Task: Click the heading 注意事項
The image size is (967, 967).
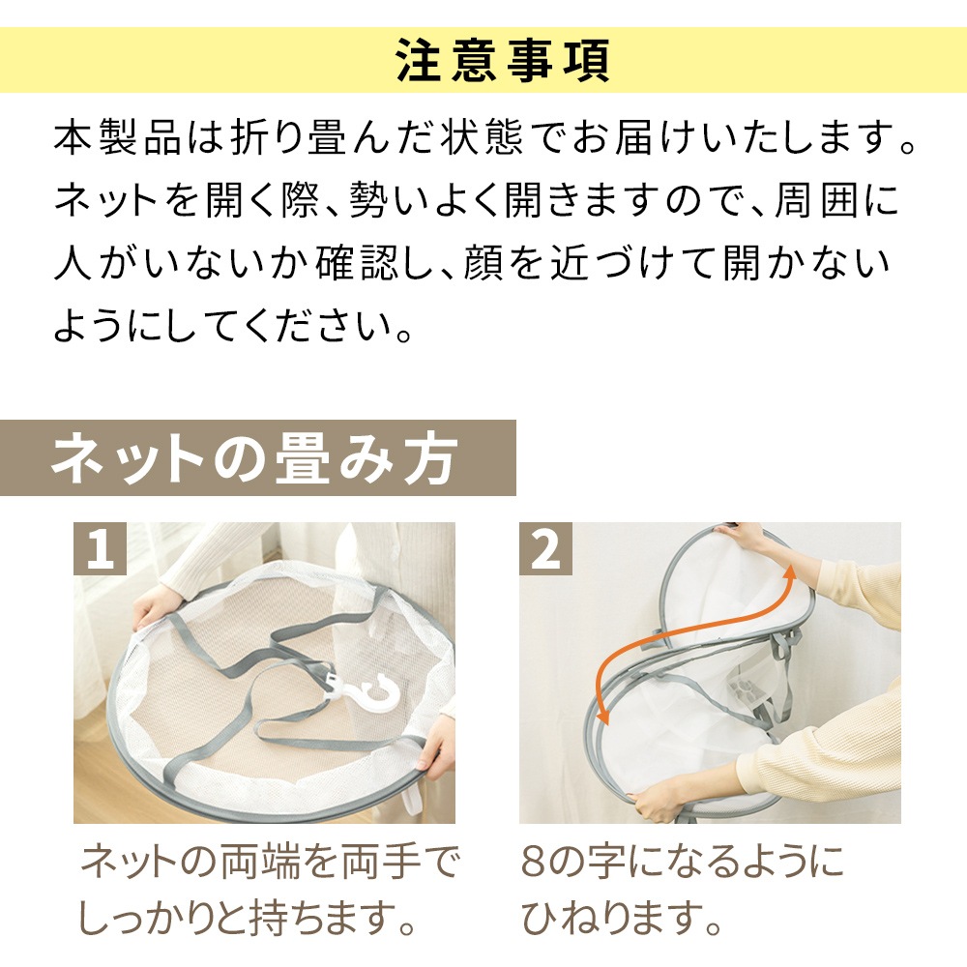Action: [503, 60]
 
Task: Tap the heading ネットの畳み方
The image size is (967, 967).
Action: [254, 458]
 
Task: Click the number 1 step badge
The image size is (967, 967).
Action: [100, 548]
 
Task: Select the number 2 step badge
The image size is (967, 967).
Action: [545, 548]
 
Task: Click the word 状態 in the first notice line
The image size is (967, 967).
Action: [482, 137]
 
